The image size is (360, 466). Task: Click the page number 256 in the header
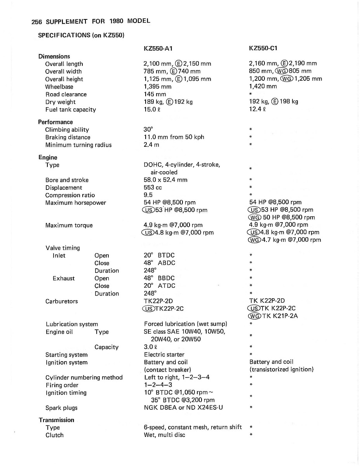37,21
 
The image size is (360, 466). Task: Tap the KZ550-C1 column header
263,49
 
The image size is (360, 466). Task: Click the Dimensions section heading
54,56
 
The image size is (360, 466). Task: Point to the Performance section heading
55,122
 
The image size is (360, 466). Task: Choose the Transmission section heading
56,420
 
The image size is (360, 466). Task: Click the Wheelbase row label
59,87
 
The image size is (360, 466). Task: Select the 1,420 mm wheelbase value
263,87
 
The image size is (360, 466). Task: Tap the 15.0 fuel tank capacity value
150,110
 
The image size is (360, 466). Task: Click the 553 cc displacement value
153,188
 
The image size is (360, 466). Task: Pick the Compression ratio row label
70,195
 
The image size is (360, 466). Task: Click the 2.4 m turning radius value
151,145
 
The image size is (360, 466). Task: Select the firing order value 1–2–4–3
158,385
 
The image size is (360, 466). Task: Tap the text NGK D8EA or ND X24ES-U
183,408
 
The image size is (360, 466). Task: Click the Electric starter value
164,355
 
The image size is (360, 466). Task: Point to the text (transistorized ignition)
282,369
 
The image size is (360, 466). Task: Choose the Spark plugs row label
61,408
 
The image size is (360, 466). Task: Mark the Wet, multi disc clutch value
164,435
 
